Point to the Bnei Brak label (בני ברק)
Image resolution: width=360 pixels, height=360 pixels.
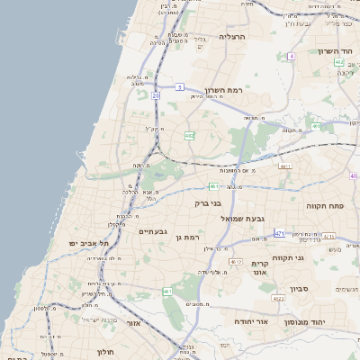[207, 203]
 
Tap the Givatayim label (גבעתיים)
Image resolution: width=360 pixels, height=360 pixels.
[151, 231]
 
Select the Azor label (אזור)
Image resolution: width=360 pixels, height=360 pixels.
[134, 322]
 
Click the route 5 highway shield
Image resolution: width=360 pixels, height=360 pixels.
[180, 87]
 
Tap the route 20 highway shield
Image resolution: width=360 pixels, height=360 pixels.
[156, 94]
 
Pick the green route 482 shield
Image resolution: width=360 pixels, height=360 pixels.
[190, 136]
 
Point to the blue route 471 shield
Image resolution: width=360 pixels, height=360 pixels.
[280, 233]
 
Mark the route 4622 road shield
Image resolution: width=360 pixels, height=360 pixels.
[278, 298]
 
